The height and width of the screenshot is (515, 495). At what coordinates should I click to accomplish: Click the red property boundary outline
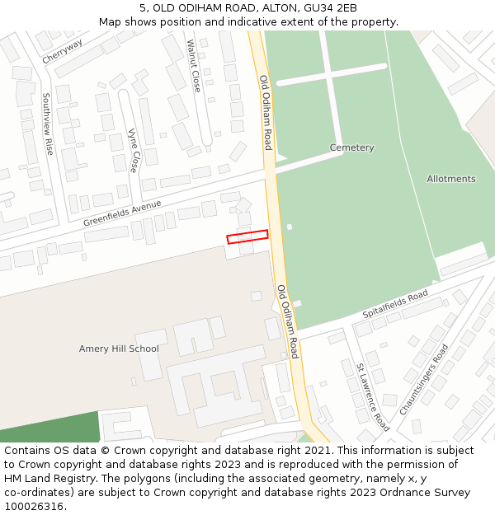[x=247, y=236]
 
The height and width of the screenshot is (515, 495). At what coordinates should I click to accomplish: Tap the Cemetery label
[x=351, y=147]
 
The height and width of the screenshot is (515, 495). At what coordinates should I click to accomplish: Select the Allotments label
[x=450, y=179]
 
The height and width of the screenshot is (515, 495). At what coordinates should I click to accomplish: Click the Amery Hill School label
[x=119, y=349]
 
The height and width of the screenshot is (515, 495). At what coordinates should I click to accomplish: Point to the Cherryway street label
[x=63, y=50]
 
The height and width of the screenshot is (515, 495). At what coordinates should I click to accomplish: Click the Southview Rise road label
[x=47, y=124]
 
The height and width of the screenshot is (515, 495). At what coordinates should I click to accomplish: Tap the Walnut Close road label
[x=194, y=65]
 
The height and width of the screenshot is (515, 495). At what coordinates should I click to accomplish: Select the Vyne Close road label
[x=133, y=150]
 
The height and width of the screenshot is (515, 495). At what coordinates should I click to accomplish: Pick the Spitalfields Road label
[x=395, y=305]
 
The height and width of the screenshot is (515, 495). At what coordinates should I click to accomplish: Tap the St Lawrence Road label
[x=372, y=396]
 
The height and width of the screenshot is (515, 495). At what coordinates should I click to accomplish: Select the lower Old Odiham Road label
[x=288, y=321]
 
